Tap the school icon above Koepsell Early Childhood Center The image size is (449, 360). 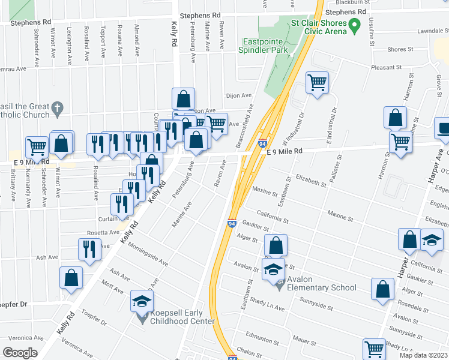pyautogui.click(x=142, y=300)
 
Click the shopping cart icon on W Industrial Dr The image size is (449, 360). pyautogui.click(x=317, y=83)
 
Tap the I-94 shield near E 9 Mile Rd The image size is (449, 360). pyautogui.click(x=262, y=143)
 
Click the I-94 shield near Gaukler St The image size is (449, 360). pyautogui.click(x=232, y=223)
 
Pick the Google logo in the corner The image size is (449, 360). pyautogui.click(x=20, y=353)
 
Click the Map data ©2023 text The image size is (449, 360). pyautogui.click(x=423, y=355)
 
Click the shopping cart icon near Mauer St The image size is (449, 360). pyautogui.click(x=373, y=349)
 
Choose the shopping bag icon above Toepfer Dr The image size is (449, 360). pyautogui.click(x=71, y=277)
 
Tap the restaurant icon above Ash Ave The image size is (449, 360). pyautogui.click(x=89, y=249)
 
